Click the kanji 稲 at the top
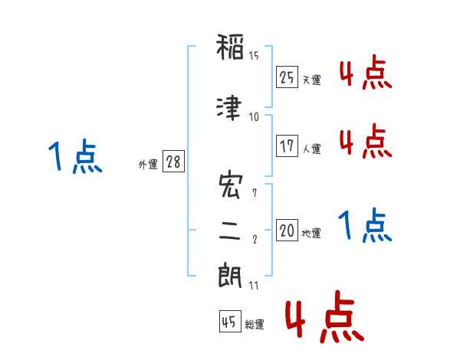click(230, 47)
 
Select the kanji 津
click(229, 107)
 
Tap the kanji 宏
click(231, 185)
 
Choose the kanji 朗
click(230, 275)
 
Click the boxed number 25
click(287, 77)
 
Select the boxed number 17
click(287, 146)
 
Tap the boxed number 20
click(287, 230)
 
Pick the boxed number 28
click(173, 162)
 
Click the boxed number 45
click(230, 321)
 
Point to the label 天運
click(312, 80)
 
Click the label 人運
click(312, 149)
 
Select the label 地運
click(311, 233)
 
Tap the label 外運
click(148, 165)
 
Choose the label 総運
click(255, 324)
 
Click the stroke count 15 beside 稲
click(254, 56)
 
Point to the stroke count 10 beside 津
click(254, 117)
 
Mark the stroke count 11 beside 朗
click(254, 285)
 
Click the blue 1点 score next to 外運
click(75, 155)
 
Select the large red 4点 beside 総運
click(324, 316)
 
